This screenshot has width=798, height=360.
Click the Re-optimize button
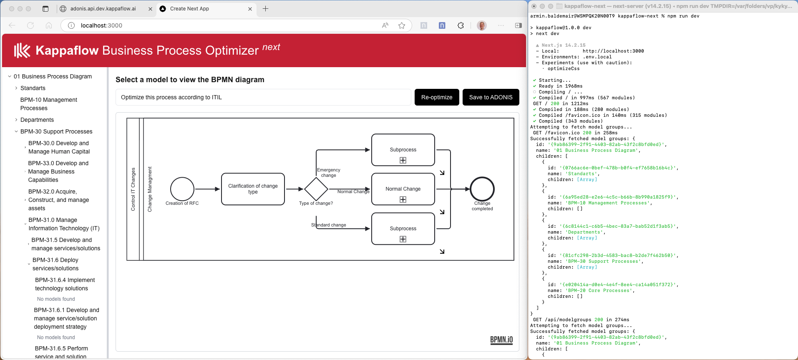pos(436,97)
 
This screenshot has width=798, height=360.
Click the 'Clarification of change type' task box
pos(253,189)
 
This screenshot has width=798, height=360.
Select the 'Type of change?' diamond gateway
pos(316,189)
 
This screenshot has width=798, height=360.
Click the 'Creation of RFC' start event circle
pos(182,189)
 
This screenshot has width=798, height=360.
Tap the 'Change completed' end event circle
pos(482,189)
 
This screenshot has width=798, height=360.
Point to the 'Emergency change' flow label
pos(328,173)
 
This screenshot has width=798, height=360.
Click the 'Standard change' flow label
pos(329,225)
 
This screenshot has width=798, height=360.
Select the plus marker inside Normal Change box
pos(403,199)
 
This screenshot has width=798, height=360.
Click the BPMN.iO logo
pos(501,340)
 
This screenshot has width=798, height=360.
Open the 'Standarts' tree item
pos(33,88)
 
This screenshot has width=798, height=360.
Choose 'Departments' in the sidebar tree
pos(37,120)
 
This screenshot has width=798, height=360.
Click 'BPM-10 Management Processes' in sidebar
pos(48,104)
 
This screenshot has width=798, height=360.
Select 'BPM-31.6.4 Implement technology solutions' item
pos(65,284)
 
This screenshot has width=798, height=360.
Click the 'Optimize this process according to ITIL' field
pos(263,97)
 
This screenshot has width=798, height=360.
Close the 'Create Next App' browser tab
pos(250,9)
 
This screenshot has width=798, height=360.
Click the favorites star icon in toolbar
pos(402,25)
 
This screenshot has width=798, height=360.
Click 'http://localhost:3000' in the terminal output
pos(613,51)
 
